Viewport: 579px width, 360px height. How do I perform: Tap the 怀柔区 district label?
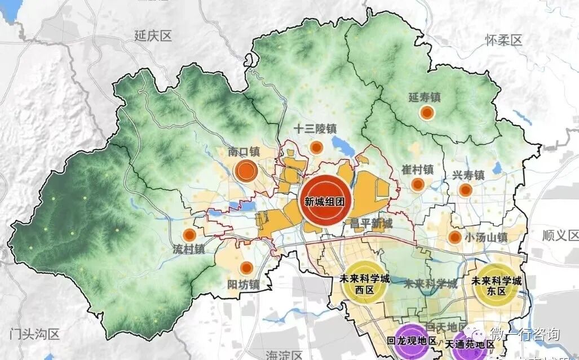tap(503, 40)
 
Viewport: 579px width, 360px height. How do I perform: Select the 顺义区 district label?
tap(558, 235)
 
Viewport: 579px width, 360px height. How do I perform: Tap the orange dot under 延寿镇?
tap(427, 113)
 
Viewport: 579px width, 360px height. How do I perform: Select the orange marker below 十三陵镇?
tap(316, 148)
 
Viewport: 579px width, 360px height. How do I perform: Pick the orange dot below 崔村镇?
tap(418, 184)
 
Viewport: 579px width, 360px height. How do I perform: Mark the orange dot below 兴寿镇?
tap(465, 190)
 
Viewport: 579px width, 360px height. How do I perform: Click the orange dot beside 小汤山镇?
tap(454, 237)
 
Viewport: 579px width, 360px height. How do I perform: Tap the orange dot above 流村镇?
tap(189, 235)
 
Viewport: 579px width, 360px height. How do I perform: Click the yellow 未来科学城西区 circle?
tap(364, 283)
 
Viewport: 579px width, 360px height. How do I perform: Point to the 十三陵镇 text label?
tap(315, 129)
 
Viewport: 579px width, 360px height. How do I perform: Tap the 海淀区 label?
tap(280, 354)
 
